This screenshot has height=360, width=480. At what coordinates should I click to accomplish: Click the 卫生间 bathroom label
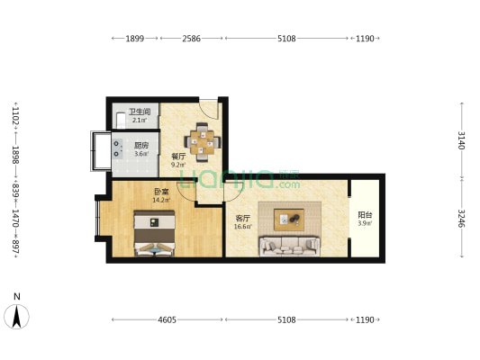(140, 112)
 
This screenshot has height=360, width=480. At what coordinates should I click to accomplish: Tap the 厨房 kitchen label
(141, 145)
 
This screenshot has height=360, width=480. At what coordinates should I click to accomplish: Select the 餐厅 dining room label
(178, 157)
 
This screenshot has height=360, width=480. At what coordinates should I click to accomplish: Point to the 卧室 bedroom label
(161, 192)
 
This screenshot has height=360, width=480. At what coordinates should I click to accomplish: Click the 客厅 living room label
(243, 218)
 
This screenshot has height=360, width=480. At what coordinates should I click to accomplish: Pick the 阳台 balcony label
(365, 215)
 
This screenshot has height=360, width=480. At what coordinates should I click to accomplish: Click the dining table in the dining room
(202, 142)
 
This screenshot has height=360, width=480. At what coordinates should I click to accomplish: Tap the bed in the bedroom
(154, 233)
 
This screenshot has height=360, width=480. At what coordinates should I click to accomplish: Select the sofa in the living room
(290, 246)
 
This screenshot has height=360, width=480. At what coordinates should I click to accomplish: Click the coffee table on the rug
(289, 220)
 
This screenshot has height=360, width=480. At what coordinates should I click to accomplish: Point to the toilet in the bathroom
(121, 121)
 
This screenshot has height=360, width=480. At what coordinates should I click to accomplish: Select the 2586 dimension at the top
(191, 39)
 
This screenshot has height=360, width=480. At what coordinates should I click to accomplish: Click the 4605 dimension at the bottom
(167, 319)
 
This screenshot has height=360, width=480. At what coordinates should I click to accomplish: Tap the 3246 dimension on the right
(462, 219)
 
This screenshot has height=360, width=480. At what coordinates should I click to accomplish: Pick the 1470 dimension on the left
(15, 218)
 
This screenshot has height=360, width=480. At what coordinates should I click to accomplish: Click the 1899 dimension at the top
(135, 39)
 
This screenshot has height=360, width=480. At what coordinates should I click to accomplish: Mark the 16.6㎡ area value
(243, 227)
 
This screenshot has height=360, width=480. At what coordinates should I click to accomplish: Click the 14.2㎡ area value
(161, 201)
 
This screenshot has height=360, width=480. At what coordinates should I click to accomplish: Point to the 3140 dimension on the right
(462, 140)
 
